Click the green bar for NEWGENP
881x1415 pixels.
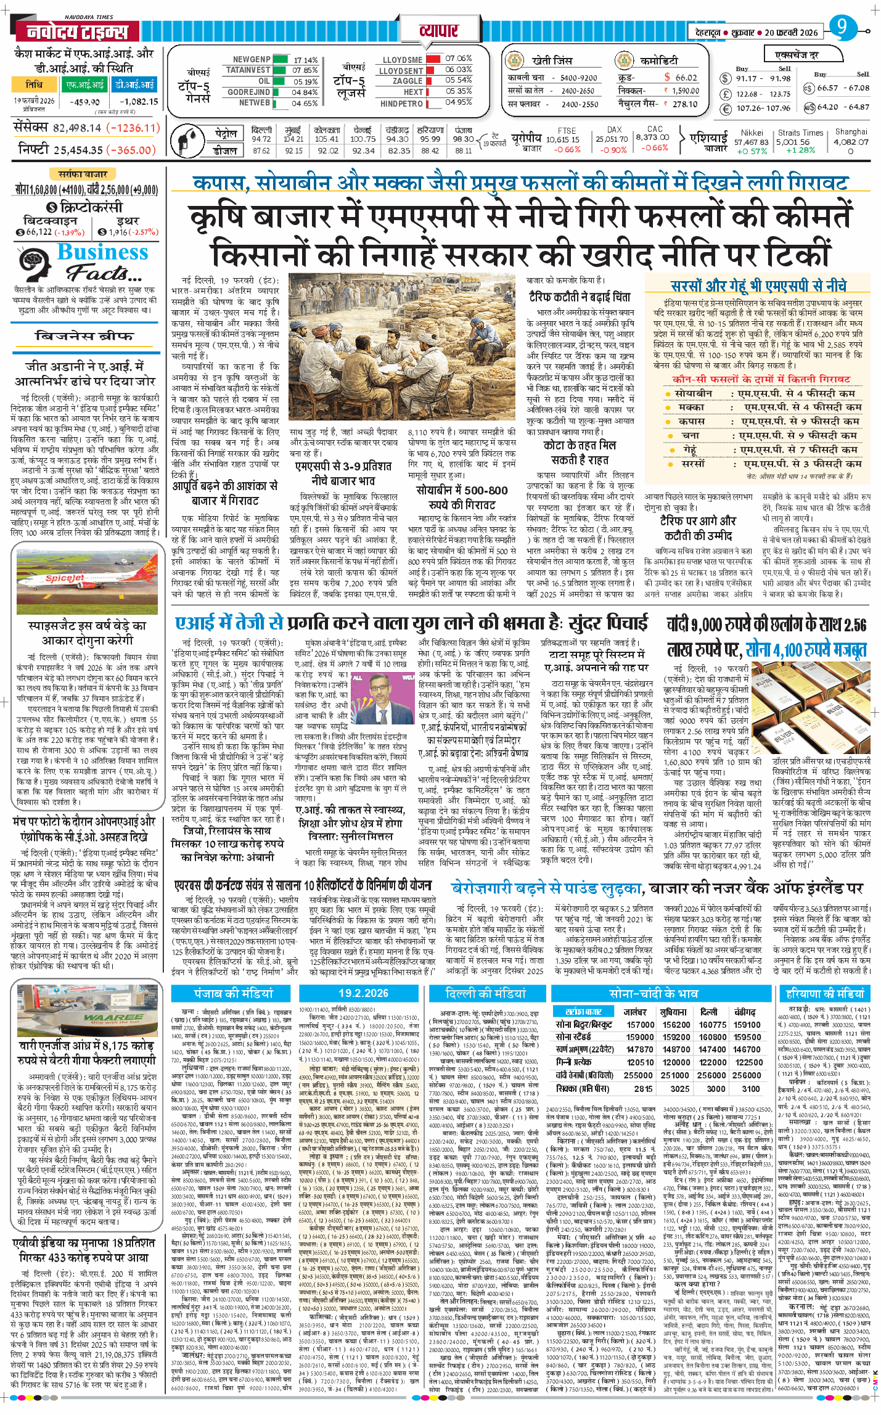(x=280, y=60)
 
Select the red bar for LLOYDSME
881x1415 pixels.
(x=433, y=59)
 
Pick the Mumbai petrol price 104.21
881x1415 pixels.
(x=293, y=139)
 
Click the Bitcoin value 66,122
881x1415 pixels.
(x=38, y=232)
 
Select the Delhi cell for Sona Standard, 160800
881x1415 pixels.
(x=712, y=1036)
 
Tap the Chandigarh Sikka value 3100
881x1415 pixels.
(x=750, y=1088)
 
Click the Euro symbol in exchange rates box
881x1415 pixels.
(x=726, y=109)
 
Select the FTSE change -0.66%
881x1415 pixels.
(x=567, y=150)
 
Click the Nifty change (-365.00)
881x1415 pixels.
(x=131, y=150)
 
